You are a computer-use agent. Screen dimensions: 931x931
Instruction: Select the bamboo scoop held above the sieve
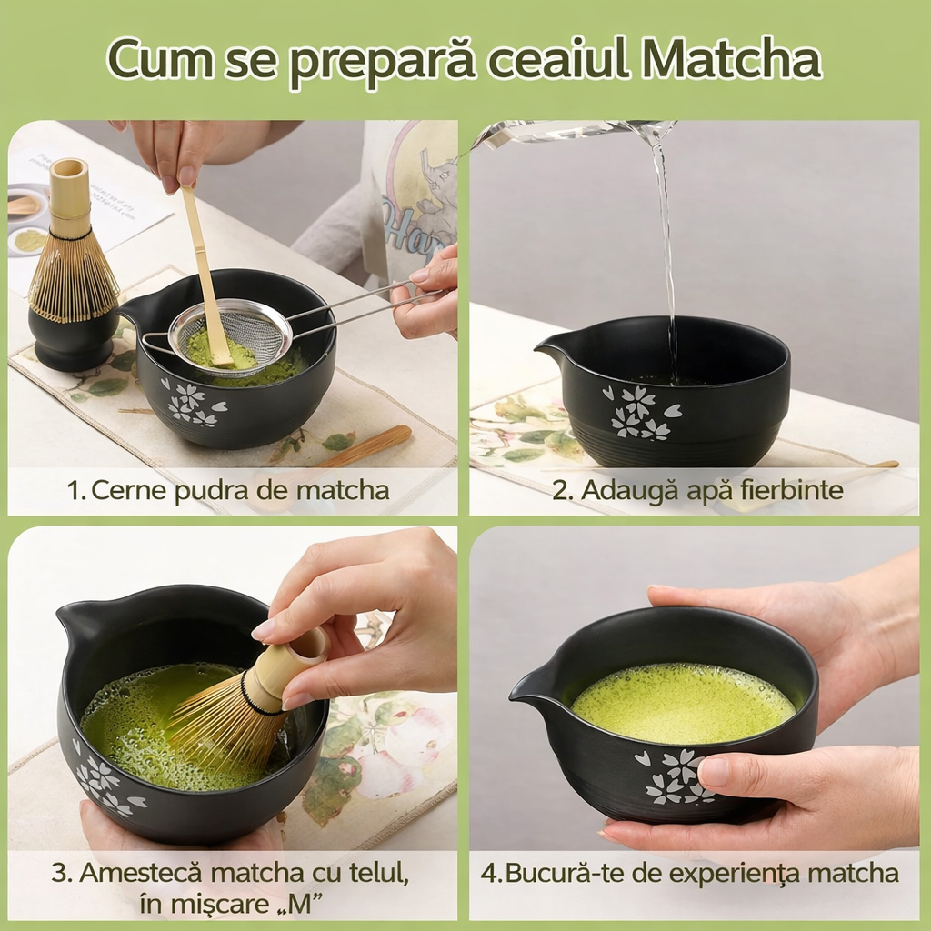205,273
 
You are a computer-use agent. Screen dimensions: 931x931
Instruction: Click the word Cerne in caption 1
125,491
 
